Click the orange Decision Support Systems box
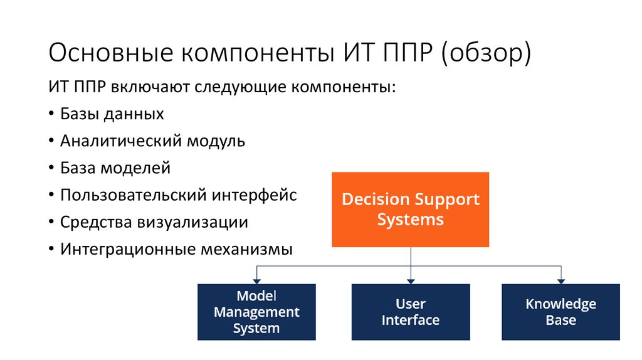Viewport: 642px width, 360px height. pyautogui.click(x=411, y=209)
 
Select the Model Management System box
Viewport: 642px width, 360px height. pyautogui.click(x=256, y=312)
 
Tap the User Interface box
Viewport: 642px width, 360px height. pyautogui.click(x=411, y=312)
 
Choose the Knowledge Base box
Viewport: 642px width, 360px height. pyautogui.click(x=560, y=312)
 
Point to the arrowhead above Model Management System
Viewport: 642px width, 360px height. pyautogui.click(x=256, y=279)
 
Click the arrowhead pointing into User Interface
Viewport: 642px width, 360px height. pyautogui.click(x=411, y=279)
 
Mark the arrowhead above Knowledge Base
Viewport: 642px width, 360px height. pyautogui.click(x=560, y=279)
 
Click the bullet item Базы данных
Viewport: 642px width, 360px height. pyautogui.click(x=112, y=114)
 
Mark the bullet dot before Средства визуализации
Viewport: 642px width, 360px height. pyautogui.click(x=51, y=223)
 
